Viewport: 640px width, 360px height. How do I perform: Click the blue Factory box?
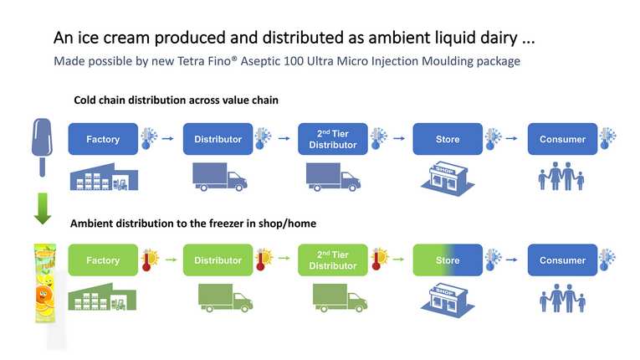(103, 139)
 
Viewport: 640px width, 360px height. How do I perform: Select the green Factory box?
(103, 260)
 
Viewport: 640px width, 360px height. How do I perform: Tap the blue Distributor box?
(218, 139)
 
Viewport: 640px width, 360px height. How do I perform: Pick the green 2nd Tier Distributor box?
(333, 260)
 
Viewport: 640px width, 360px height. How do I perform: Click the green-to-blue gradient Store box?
(448, 260)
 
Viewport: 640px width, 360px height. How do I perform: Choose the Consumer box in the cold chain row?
(562, 139)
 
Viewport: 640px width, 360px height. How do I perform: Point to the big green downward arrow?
(43, 208)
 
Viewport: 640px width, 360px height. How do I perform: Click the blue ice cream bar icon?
(42, 147)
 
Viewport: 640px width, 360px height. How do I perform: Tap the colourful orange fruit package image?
(45, 283)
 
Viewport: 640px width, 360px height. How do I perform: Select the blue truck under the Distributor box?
(219, 177)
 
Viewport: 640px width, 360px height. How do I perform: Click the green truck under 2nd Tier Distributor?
(340, 298)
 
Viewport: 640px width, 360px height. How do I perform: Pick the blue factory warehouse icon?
(104, 177)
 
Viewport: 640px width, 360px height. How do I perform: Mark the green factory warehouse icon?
(102, 296)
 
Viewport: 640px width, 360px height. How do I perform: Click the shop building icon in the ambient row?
(448, 301)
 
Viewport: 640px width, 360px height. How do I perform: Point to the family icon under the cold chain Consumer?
(561, 176)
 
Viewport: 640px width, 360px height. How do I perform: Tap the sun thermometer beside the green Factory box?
(150, 260)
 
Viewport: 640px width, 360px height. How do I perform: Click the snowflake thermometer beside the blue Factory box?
(149, 138)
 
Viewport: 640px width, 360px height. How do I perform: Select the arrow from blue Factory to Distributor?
(168, 138)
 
